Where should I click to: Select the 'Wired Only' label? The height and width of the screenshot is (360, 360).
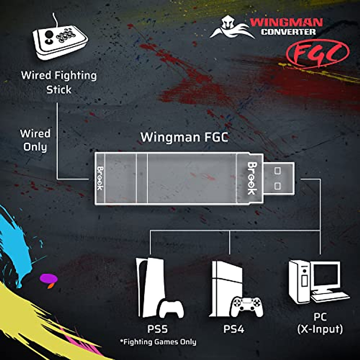pos(35,140)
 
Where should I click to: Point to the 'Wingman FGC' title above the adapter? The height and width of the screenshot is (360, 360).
pos(184,137)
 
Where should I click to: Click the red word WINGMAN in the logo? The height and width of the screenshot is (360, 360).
pos(286,22)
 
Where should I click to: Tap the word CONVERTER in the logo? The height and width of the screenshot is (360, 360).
pos(288,32)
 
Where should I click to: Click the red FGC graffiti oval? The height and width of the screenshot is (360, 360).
pos(317,53)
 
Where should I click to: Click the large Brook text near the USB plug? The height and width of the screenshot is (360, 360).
pos(252,178)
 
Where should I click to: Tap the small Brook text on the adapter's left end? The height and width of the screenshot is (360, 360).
pos(100,178)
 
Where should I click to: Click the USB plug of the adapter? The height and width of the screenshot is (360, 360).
pos(278,178)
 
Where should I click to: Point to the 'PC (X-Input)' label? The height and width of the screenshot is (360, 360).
pos(320,323)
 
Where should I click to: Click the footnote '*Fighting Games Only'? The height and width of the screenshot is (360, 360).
pos(158,342)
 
